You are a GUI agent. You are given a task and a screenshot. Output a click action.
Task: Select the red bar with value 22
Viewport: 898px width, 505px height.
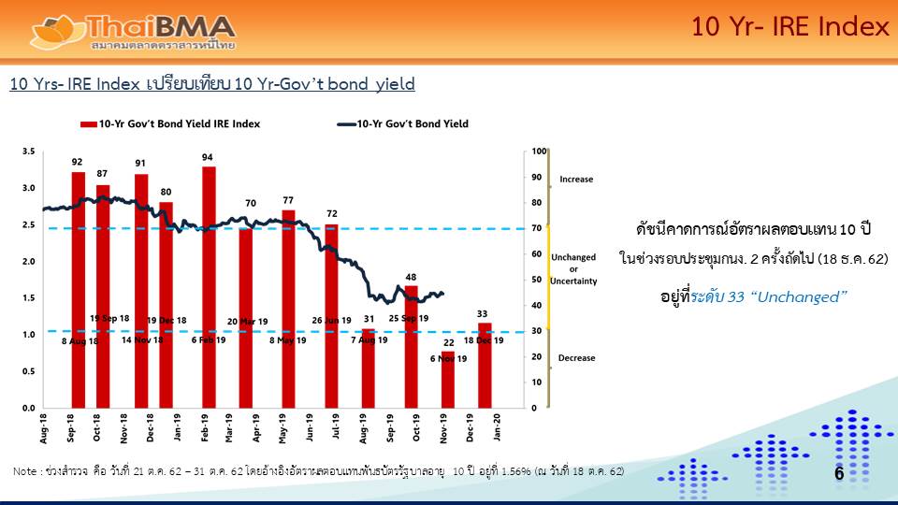448,380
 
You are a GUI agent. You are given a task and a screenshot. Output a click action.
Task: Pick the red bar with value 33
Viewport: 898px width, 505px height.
485,366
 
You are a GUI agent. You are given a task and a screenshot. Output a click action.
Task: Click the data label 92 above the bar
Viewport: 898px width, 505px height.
78,162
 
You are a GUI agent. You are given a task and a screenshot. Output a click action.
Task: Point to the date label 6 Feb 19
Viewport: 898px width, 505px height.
209,339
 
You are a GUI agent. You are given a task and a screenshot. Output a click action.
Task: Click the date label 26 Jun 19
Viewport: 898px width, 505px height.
331,321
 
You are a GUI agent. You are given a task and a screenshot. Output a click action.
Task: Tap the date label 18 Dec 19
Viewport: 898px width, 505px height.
484,339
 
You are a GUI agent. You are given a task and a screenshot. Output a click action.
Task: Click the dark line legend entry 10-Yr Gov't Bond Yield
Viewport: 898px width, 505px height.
402,123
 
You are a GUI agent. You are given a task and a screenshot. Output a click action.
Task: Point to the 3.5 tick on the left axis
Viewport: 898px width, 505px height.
28,151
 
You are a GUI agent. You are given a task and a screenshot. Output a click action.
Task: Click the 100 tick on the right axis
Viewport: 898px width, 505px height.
538,151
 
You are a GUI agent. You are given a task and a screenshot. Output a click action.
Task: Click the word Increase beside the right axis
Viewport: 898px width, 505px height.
576,179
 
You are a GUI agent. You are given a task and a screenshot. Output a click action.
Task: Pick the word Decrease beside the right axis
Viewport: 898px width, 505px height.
576,358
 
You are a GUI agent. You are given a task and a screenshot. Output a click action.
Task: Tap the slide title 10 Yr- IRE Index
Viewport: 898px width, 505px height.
790,27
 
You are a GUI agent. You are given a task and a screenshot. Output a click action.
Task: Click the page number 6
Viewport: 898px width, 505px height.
839,474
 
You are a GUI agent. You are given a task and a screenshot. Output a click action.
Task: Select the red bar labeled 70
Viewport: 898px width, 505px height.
245,318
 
